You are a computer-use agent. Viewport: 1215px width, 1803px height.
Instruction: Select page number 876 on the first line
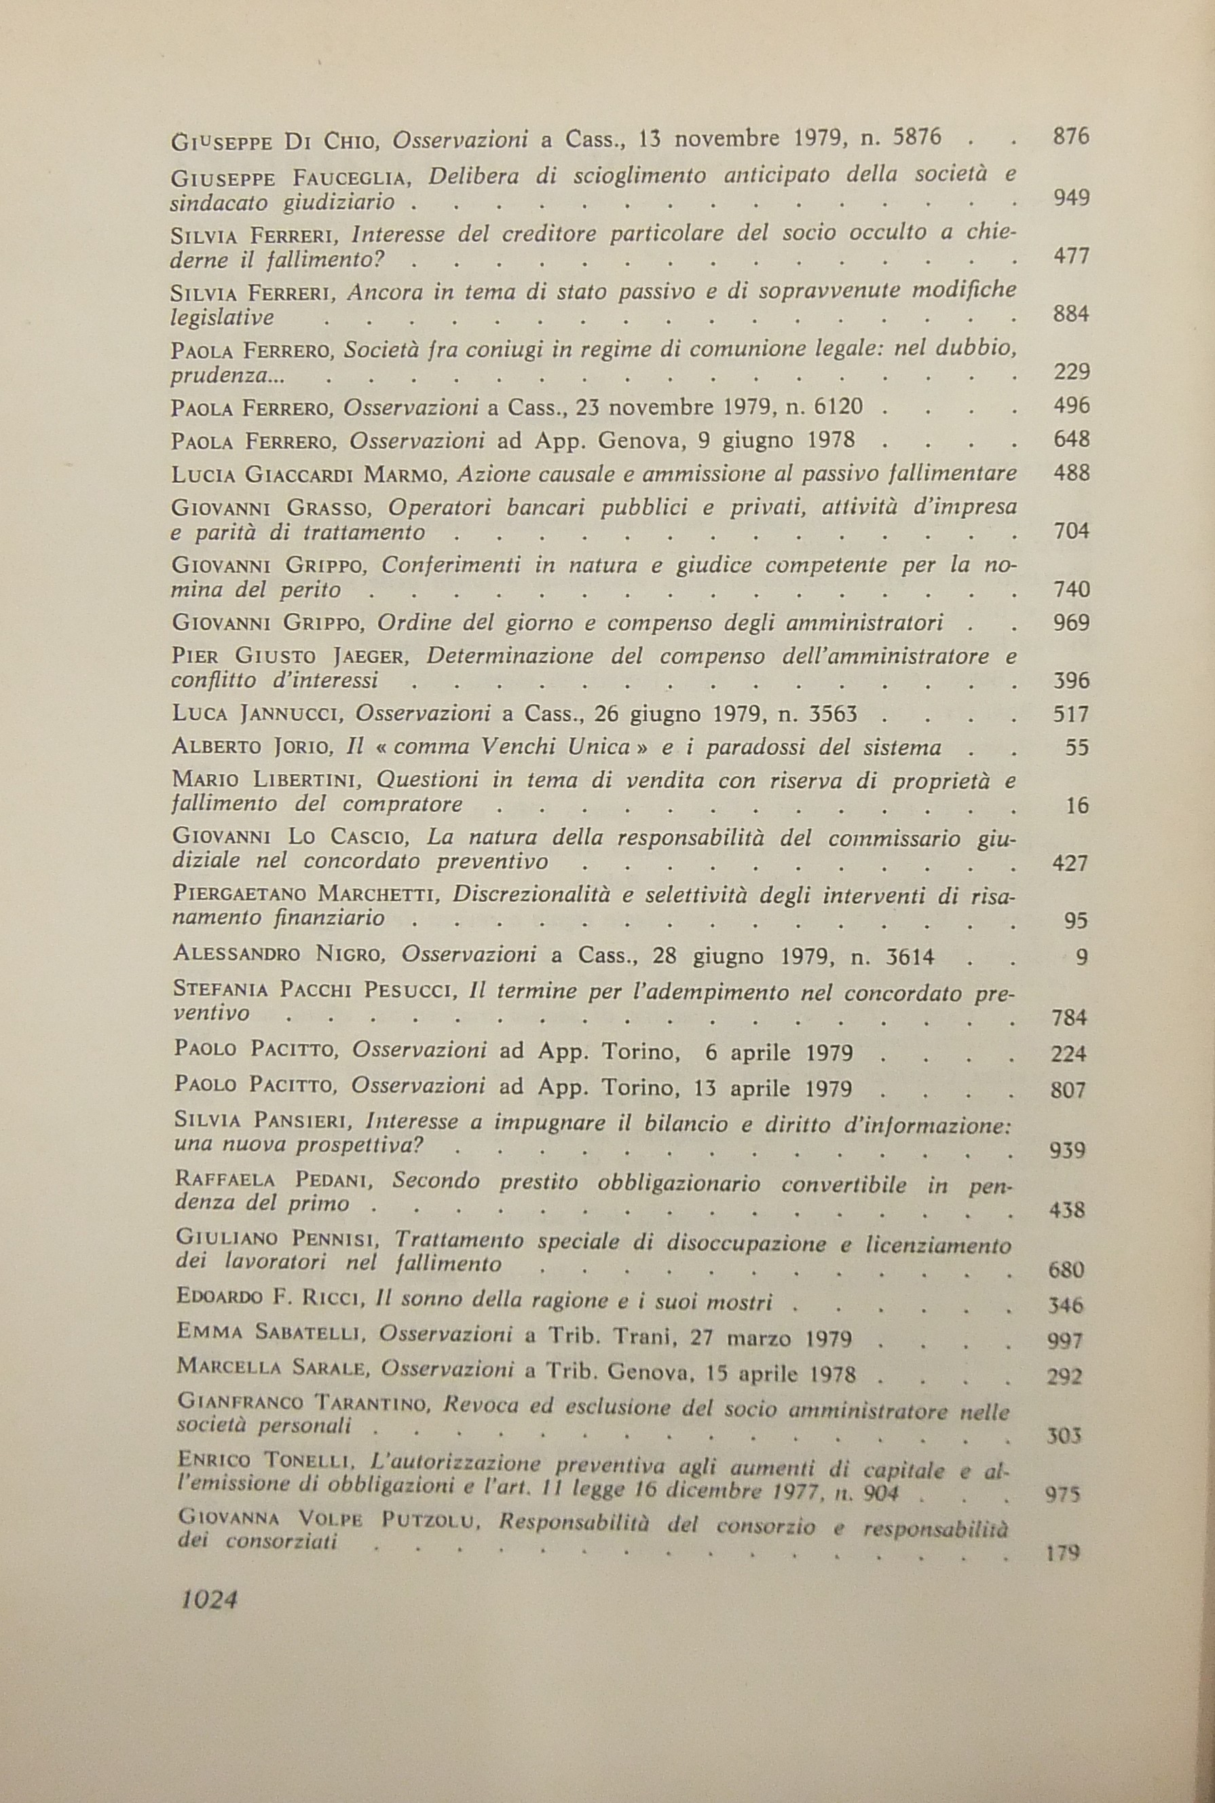(1072, 137)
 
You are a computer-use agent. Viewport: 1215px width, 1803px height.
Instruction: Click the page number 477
(1072, 256)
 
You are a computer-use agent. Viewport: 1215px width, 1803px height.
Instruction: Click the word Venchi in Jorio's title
(521, 747)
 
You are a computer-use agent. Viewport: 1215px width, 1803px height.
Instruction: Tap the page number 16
(1078, 806)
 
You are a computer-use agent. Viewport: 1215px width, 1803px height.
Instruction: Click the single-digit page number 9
(1083, 958)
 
